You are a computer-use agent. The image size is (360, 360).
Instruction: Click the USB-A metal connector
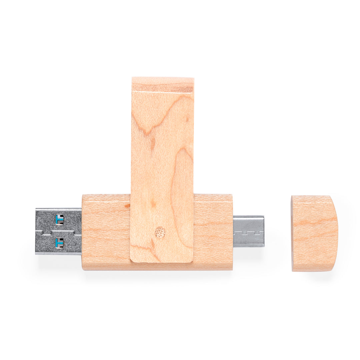58,231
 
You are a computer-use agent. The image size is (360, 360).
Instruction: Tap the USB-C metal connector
248,231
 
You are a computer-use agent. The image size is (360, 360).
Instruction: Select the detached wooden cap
314,233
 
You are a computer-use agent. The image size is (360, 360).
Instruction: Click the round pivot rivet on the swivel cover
160,232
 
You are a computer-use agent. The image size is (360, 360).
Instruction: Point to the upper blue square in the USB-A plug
59,219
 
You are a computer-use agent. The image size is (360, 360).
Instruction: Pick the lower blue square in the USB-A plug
59,242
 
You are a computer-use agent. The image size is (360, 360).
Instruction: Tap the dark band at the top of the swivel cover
163,88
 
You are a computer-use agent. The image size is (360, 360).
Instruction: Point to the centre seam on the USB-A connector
58,231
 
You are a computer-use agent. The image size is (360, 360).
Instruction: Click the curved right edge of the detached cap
337,233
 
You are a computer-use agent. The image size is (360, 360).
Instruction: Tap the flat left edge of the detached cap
292,233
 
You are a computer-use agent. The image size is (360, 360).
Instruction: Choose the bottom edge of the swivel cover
161,262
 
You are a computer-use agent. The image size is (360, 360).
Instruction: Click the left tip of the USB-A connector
36,231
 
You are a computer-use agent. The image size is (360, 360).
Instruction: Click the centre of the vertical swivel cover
162,170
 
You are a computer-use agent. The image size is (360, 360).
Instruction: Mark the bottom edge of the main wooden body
157,269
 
